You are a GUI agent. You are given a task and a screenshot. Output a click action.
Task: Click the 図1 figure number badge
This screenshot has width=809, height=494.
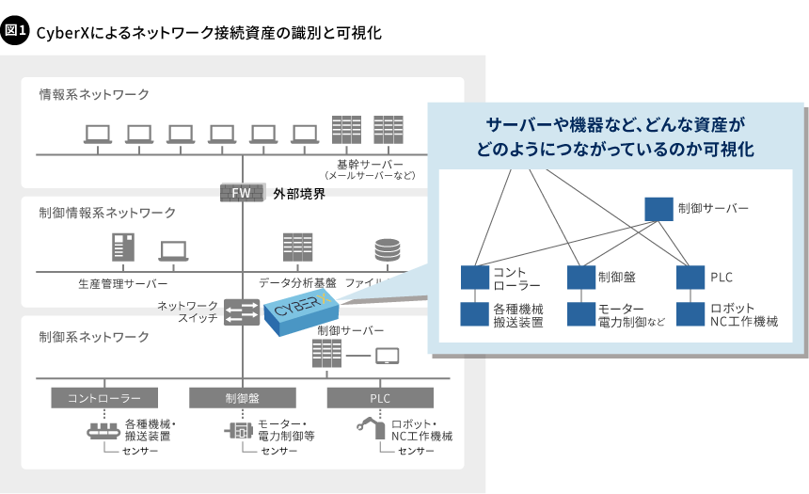(16, 31)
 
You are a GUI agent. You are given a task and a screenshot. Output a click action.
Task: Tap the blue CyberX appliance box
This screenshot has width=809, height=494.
(298, 311)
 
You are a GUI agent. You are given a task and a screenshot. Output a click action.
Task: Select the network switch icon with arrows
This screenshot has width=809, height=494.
(243, 311)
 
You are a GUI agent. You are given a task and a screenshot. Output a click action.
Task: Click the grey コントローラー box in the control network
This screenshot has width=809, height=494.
(104, 398)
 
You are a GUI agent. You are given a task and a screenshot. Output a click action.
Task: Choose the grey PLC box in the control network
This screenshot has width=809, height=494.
(379, 398)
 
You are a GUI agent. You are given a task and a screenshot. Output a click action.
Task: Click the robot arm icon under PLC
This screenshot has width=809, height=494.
(370, 428)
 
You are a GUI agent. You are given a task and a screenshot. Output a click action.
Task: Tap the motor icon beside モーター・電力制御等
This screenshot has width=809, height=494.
(239, 430)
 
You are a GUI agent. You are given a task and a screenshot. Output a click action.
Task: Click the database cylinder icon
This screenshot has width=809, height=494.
(387, 249)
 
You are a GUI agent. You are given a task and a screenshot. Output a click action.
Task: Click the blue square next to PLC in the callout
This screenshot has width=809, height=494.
(690, 278)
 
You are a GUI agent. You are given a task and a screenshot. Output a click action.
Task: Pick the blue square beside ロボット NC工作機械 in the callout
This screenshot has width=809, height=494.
(690, 314)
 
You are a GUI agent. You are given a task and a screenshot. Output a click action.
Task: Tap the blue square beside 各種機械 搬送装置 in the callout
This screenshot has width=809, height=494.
(474, 314)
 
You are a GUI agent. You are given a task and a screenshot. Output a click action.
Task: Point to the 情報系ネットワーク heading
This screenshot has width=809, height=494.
(94, 94)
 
